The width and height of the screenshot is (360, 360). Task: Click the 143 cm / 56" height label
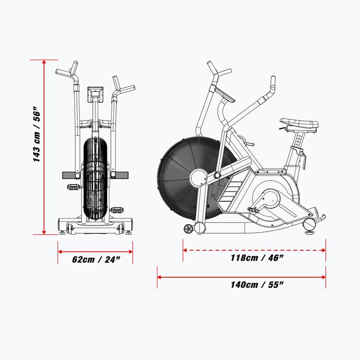click(x=37, y=134)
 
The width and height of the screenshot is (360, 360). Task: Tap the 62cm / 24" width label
click(x=96, y=260)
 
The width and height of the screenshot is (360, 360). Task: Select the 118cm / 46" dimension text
click(x=257, y=258)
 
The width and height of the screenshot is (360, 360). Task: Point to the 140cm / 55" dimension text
click(x=257, y=285)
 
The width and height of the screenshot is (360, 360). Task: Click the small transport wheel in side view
click(x=188, y=229)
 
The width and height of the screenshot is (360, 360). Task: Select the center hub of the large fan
click(x=199, y=178)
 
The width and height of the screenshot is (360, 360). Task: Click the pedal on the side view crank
click(x=253, y=210)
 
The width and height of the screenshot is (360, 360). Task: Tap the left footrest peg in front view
click(x=69, y=175)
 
